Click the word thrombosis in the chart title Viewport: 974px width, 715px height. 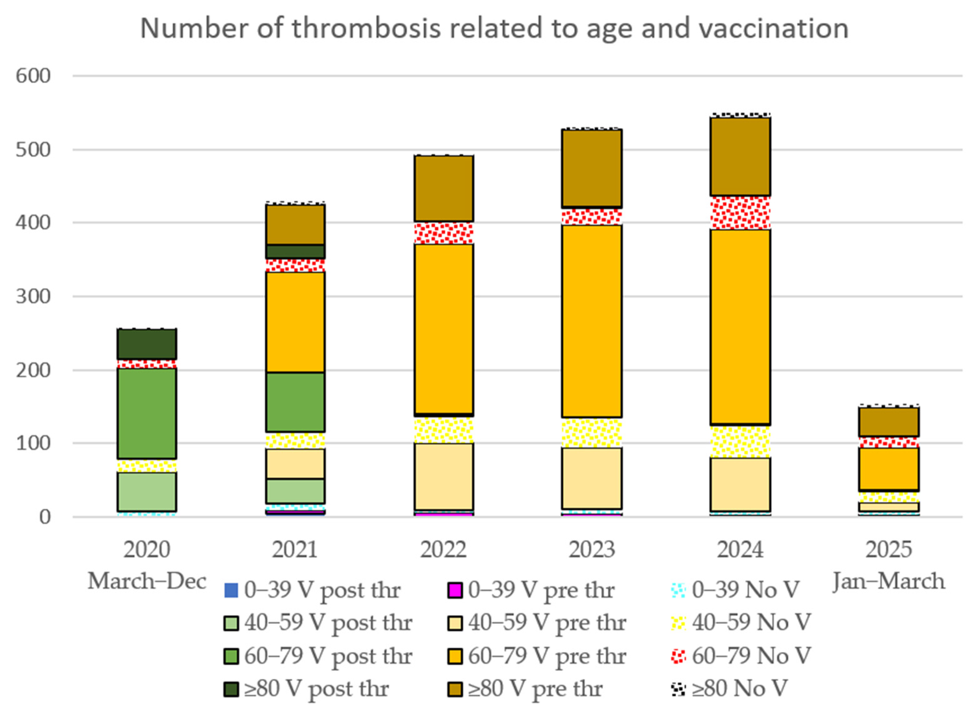coord(366,28)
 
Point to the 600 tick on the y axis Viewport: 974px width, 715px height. coord(33,76)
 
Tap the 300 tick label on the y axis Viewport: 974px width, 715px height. coord(33,297)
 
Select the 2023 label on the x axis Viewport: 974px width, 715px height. coord(591,550)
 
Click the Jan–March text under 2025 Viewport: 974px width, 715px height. coord(888,581)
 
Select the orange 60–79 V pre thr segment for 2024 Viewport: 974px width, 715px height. coord(740,327)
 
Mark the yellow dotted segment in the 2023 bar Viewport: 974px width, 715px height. coord(591,432)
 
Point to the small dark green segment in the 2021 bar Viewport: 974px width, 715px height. coord(295,251)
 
